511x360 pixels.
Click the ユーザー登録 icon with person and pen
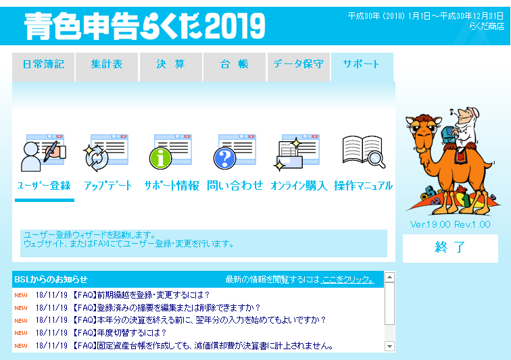pyautogui.click(x=43, y=153)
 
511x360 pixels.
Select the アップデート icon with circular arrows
pyautogui.click(x=106, y=153)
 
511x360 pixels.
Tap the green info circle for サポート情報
pyautogui.click(x=160, y=158)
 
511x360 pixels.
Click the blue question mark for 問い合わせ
pyautogui.click(x=224, y=158)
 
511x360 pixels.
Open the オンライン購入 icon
pyautogui.click(x=297, y=153)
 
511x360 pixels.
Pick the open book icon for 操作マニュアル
pyautogui.click(x=364, y=152)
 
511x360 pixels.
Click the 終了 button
pyautogui.click(x=450, y=249)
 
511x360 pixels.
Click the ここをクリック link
pyautogui.click(x=347, y=280)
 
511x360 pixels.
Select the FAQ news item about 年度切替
pyautogui.click(x=119, y=333)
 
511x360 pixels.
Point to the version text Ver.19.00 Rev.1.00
pyautogui.click(x=450, y=224)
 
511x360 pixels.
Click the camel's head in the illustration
pyautogui.click(x=423, y=130)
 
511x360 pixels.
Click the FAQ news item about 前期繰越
pyautogui.click(x=140, y=295)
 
